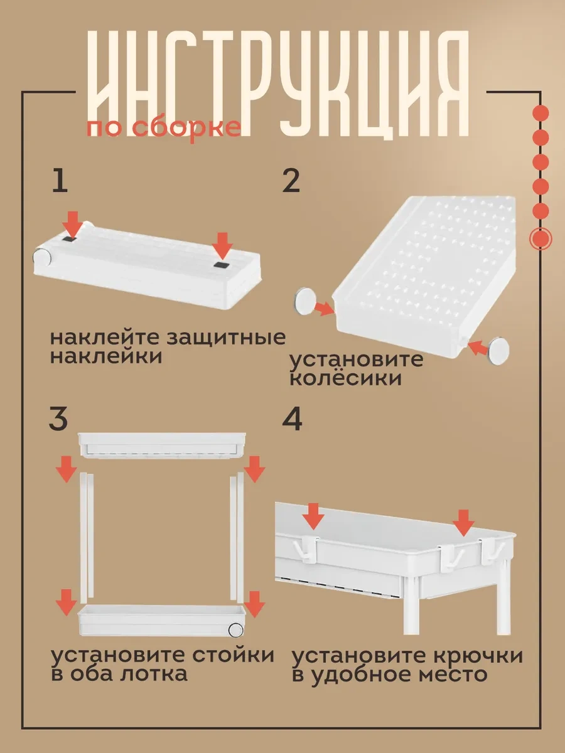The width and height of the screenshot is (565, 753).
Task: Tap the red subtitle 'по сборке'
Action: point(164,127)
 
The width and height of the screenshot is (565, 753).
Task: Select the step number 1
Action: point(59,182)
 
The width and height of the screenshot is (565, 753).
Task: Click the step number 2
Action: point(291,182)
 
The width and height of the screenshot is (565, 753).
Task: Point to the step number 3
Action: point(59,419)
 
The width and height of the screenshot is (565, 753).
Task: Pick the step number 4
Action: point(292,419)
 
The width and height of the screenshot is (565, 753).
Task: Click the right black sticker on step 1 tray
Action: point(222,266)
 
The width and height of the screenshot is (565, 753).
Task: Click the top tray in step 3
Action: point(159,446)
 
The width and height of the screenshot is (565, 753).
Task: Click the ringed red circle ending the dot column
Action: point(541,239)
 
